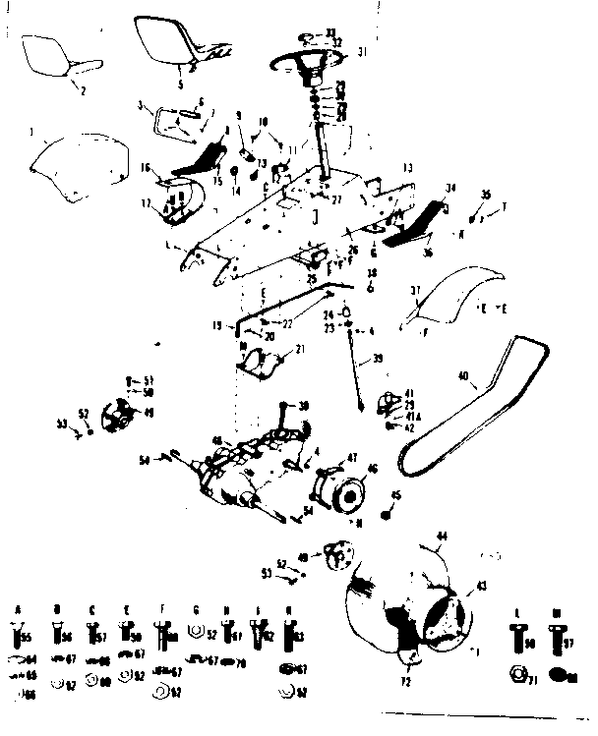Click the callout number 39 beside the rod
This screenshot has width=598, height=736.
(x=378, y=361)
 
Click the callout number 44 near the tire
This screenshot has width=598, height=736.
(x=442, y=536)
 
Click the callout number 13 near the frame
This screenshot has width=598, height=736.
(x=407, y=166)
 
